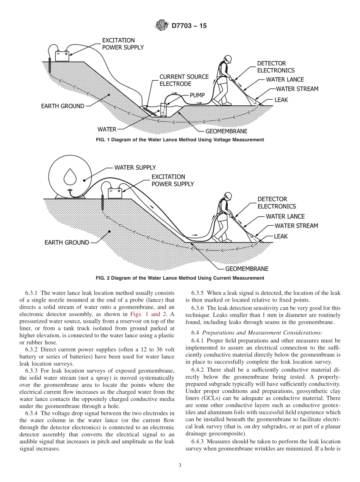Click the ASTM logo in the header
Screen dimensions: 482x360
162,26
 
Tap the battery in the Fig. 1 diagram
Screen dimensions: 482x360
62,56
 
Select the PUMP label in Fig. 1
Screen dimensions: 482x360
197,95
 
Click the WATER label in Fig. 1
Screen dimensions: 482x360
107,129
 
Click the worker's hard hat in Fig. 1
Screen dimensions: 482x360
227,59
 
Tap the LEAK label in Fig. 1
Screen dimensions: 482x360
281,100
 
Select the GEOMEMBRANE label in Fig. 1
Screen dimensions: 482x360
226,131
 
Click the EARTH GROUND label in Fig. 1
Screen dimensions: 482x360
63,106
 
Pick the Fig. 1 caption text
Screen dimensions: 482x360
180,140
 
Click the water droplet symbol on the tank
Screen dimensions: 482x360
70,176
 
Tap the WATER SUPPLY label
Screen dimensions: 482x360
135,167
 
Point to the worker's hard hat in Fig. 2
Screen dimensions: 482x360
228,196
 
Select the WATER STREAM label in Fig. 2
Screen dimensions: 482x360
296,226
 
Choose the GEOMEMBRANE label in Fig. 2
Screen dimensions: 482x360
247,269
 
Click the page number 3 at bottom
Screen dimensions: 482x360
180,465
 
